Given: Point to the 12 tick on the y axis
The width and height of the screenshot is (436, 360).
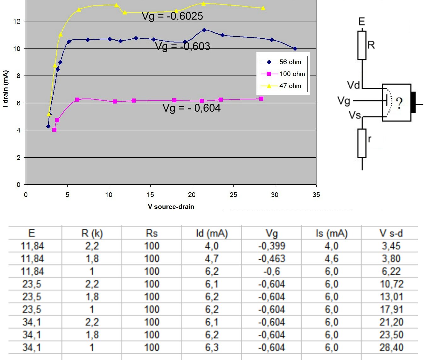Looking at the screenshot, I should pyautogui.click(x=17, y=21).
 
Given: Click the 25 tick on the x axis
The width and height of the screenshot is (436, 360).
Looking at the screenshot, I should pyautogui.click(x=233, y=195).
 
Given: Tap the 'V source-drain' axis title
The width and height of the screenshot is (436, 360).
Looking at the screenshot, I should pyautogui.click(x=171, y=207).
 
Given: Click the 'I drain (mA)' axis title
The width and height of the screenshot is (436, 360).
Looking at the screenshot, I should pyautogui.click(x=5, y=89).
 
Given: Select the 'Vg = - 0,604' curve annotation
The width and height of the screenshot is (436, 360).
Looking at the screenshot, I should pyautogui.click(x=192, y=108).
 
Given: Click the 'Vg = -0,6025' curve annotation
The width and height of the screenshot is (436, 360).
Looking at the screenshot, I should pyautogui.click(x=172, y=16).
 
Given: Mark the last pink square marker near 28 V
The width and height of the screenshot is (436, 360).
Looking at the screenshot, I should pyautogui.click(x=261, y=99).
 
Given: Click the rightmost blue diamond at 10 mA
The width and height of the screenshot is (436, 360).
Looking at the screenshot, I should pyautogui.click(x=295, y=48).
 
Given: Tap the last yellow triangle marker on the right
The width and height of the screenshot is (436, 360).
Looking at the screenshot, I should pyautogui.click(x=263, y=8).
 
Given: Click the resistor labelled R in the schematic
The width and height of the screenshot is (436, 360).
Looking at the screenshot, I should pyautogui.click(x=362, y=45).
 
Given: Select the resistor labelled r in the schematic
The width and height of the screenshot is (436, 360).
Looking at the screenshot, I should pyautogui.click(x=362, y=143).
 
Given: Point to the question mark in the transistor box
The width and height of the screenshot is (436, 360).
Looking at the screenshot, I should pyautogui.click(x=399, y=103).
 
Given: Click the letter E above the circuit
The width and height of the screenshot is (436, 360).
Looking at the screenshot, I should pyautogui.click(x=362, y=21).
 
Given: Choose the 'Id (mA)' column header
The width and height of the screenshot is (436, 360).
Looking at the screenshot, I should pyautogui.click(x=212, y=233).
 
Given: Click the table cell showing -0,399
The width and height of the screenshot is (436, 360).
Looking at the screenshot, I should pyautogui.click(x=272, y=246).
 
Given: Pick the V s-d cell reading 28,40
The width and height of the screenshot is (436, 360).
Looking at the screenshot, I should pyautogui.click(x=391, y=347).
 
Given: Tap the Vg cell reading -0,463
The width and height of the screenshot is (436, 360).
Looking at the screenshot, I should pyautogui.click(x=272, y=259).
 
